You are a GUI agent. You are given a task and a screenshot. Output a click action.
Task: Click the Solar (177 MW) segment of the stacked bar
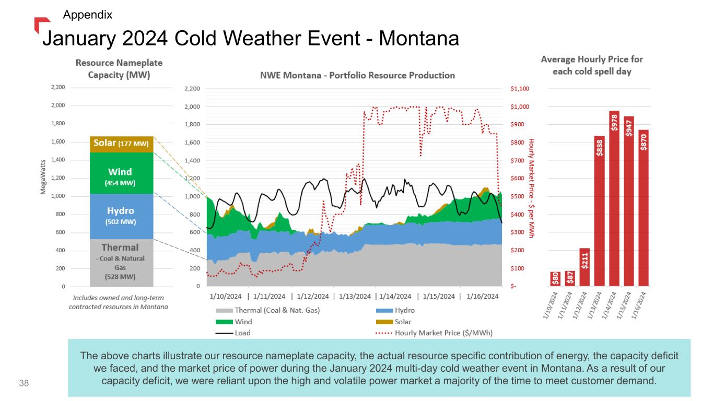121,144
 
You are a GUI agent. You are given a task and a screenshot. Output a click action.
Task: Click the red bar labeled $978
614,198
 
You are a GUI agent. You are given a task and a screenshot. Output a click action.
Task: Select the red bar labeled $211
585,267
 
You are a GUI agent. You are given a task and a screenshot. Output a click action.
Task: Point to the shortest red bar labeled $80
556,279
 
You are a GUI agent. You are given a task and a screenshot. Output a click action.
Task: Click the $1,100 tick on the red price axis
520,89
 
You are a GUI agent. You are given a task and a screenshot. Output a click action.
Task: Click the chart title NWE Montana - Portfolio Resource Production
357,75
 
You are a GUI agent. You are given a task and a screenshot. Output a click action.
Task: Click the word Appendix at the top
87,15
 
